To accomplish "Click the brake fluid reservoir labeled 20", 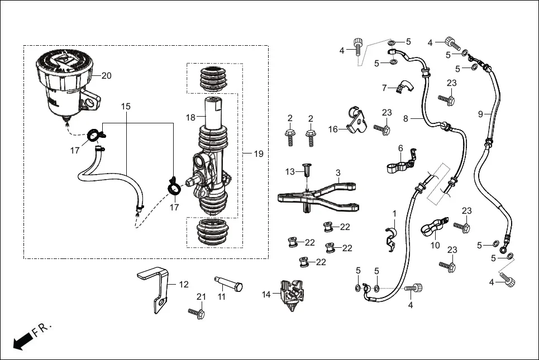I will [64, 81].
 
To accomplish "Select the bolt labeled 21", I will [198, 313].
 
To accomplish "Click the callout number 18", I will [190, 117].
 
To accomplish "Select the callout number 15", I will [126, 105].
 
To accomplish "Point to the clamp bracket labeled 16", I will [355, 119].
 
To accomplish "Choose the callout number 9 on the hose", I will [480, 114].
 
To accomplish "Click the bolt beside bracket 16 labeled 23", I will [385, 129].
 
